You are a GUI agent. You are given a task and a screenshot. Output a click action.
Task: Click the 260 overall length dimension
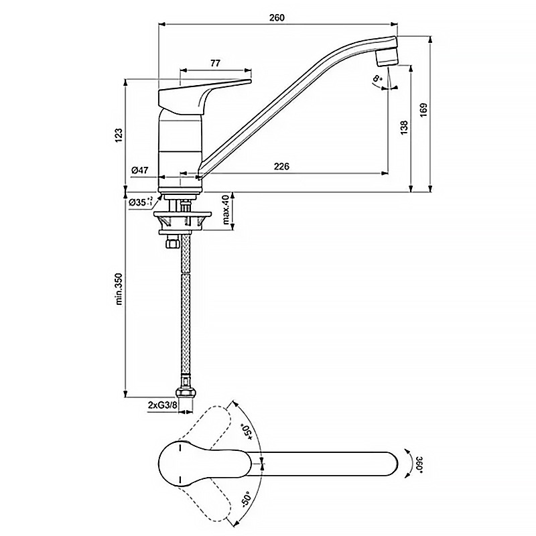point(277,18)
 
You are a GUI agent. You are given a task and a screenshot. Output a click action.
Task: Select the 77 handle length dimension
point(215,63)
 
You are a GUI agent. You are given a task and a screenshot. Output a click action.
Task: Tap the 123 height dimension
point(119,135)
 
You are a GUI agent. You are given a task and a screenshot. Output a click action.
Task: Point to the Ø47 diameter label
point(139,170)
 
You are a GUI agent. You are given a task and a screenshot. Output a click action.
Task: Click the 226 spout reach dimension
point(281,166)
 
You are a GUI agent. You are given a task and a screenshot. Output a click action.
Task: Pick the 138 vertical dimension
point(405,127)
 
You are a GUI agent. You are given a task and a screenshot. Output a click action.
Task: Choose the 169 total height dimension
point(423,110)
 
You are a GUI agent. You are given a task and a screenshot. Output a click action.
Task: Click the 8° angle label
point(377,78)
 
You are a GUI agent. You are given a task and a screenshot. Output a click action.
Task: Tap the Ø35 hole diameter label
point(141,202)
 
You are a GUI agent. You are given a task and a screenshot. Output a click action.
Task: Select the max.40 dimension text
point(226,210)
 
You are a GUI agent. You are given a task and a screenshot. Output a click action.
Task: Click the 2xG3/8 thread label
point(162,405)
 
